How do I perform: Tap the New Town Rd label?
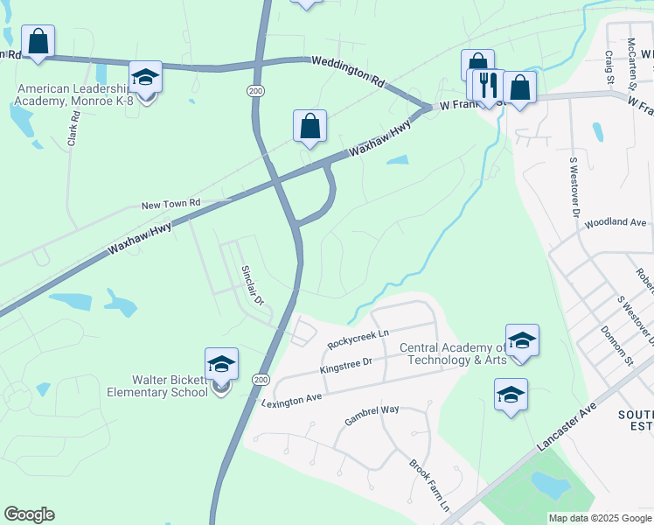[x=171, y=204]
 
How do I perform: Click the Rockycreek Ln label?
[x=357, y=339]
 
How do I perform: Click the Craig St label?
[x=609, y=66]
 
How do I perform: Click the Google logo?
[x=29, y=514]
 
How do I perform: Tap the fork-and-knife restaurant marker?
[x=489, y=86]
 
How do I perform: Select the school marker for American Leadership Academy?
[x=145, y=78]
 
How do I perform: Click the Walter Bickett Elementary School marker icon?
[x=221, y=364]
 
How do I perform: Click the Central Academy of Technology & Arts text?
[x=453, y=353]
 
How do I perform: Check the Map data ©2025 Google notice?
[x=599, y=518]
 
